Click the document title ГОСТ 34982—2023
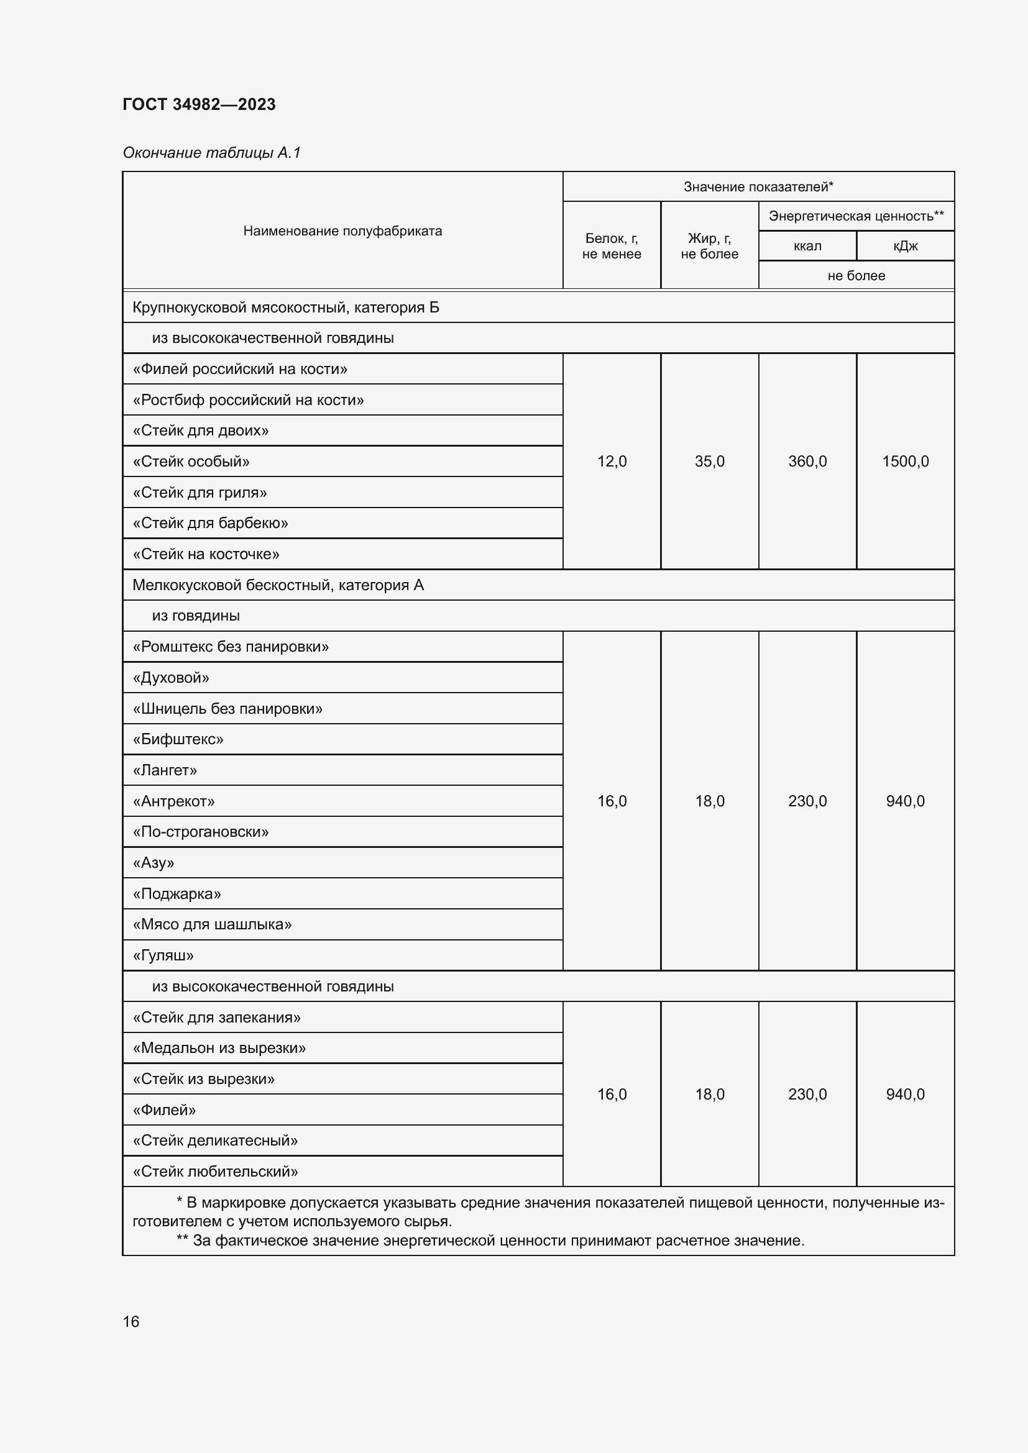click(x=199, y=104)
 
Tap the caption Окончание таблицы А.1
click(x=211, y=153)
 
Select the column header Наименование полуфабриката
click(x=342, y=231)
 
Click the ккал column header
click(x=807, y=246)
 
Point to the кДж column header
click(x=905, y=246)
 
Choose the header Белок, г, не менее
click(x=612, y=245)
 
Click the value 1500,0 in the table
click(x=905, y=462)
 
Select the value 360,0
click(x=807, y=462)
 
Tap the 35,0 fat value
click(x=710, y=462)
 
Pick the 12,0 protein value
click(x=612, y=462)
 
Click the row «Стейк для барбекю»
click(x=210, y=523)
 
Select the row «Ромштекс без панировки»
click(x=231, y=647)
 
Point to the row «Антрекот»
click(x=173, y=801)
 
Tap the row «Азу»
click(x=153, y=863)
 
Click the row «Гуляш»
click(x=163, y=955)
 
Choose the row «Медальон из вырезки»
click(x=219, y=1048)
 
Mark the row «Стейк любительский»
click(x=215, y=1172)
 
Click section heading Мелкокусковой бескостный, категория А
click(x=278, y=585)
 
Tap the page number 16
click(x=131, y=1321)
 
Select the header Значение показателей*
click(x=758, y=187)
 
